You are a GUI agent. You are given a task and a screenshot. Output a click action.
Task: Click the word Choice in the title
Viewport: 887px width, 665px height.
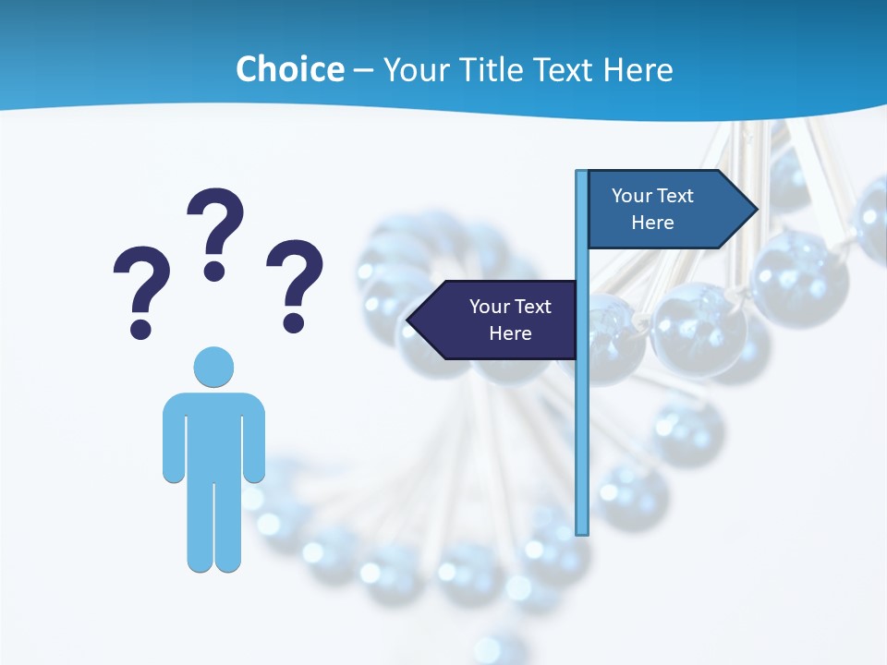coord(289,69)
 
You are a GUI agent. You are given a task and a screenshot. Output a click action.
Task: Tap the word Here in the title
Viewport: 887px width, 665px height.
coord(638,69)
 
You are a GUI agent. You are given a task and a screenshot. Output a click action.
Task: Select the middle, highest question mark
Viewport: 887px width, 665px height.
coord(215,231)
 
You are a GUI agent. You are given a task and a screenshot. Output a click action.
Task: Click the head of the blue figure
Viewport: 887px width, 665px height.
coord(213,367)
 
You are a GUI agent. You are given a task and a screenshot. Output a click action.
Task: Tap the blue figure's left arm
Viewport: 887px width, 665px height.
coord(174,439)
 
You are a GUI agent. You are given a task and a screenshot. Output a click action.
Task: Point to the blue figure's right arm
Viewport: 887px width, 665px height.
coord(254,439)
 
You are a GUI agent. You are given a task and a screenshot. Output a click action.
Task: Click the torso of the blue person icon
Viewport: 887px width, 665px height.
coord(213,434)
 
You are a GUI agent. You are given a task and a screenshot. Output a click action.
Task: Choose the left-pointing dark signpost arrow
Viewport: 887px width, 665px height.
coord(494,320)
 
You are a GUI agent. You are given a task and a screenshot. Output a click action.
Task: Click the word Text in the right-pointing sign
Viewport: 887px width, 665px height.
coord(675,196)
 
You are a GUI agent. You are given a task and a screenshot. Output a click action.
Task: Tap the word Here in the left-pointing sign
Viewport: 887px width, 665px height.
coord(510,333)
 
